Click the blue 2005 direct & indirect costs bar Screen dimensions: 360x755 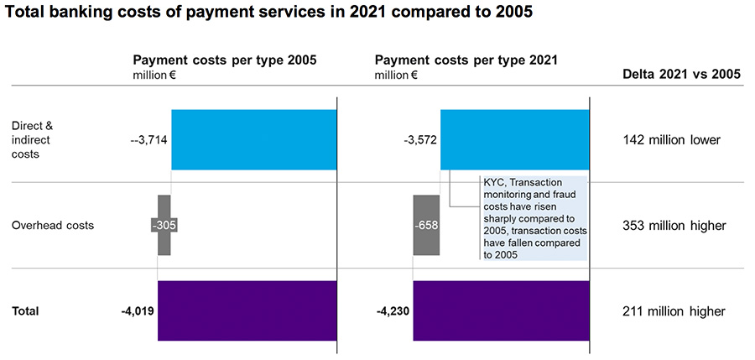pyautogui.click(x=253, y=139)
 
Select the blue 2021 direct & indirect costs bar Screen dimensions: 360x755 pyautogui.click(x=514, y=139)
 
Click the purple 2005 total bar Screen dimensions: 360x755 pyautogui.click(x=247, y=310)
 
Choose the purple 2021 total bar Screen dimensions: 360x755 pyautogui.click(x=501, y=310)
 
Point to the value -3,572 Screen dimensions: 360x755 pyautogui.click(x=420, y=140)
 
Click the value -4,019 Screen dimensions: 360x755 pyautogui.click(x=138, y=311)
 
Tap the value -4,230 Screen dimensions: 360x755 pyautogui.click(x=393, y=311)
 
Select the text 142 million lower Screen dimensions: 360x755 pyautogui.click(x=672, y=140)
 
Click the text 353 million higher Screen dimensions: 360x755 pyautogui.click(x=674, y=226)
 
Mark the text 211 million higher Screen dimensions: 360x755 pyautogui.click(x=674, y=311)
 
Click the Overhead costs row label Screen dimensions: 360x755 pyautogui.click(x=53, y=226)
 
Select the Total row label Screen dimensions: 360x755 pyautogui.click(x=25, y=311)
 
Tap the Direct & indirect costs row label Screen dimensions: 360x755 pyautogui.click(x=33, y=140)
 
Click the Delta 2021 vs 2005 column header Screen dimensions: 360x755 pyautogui.click(x=681, y=74)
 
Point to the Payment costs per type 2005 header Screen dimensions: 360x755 pyautogui.click(x=224, y=60)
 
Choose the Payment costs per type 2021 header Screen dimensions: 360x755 pyautogui.click(x=466, y=60)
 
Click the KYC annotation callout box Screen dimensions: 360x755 pyautogui.click(x=534, y=218)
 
